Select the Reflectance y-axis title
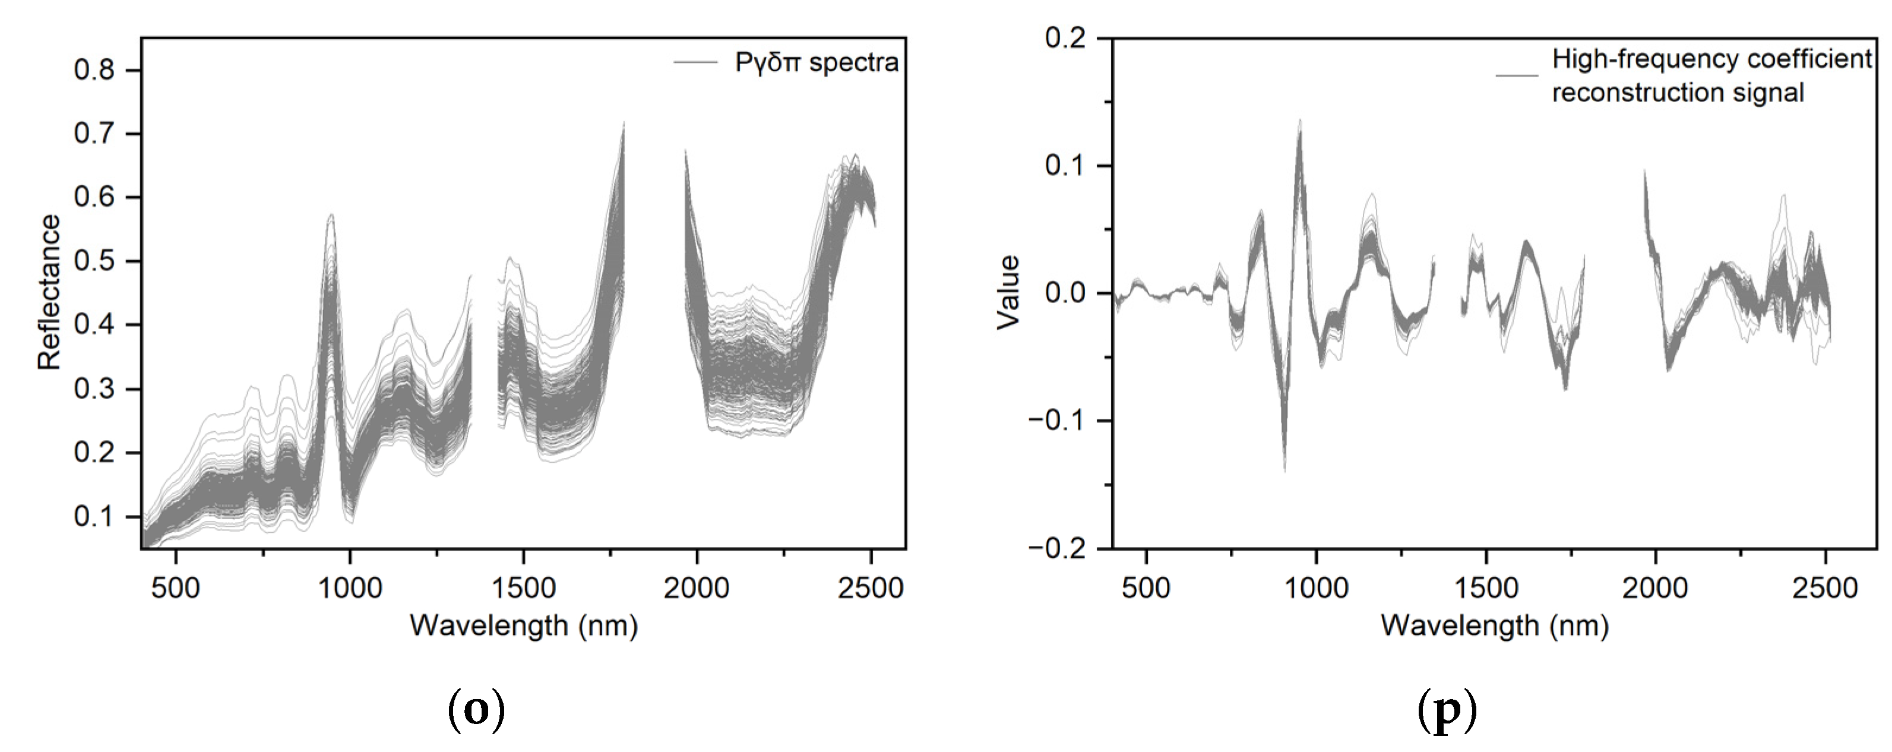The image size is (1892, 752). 49,292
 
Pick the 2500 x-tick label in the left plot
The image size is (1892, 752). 871,588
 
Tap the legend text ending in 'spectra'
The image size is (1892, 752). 817,63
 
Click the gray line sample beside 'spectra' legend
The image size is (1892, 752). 695,63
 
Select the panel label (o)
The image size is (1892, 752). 477,712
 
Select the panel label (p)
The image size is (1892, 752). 1446,712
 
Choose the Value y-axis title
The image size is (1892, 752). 1009,292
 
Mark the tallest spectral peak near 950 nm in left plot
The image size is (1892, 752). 331,215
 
